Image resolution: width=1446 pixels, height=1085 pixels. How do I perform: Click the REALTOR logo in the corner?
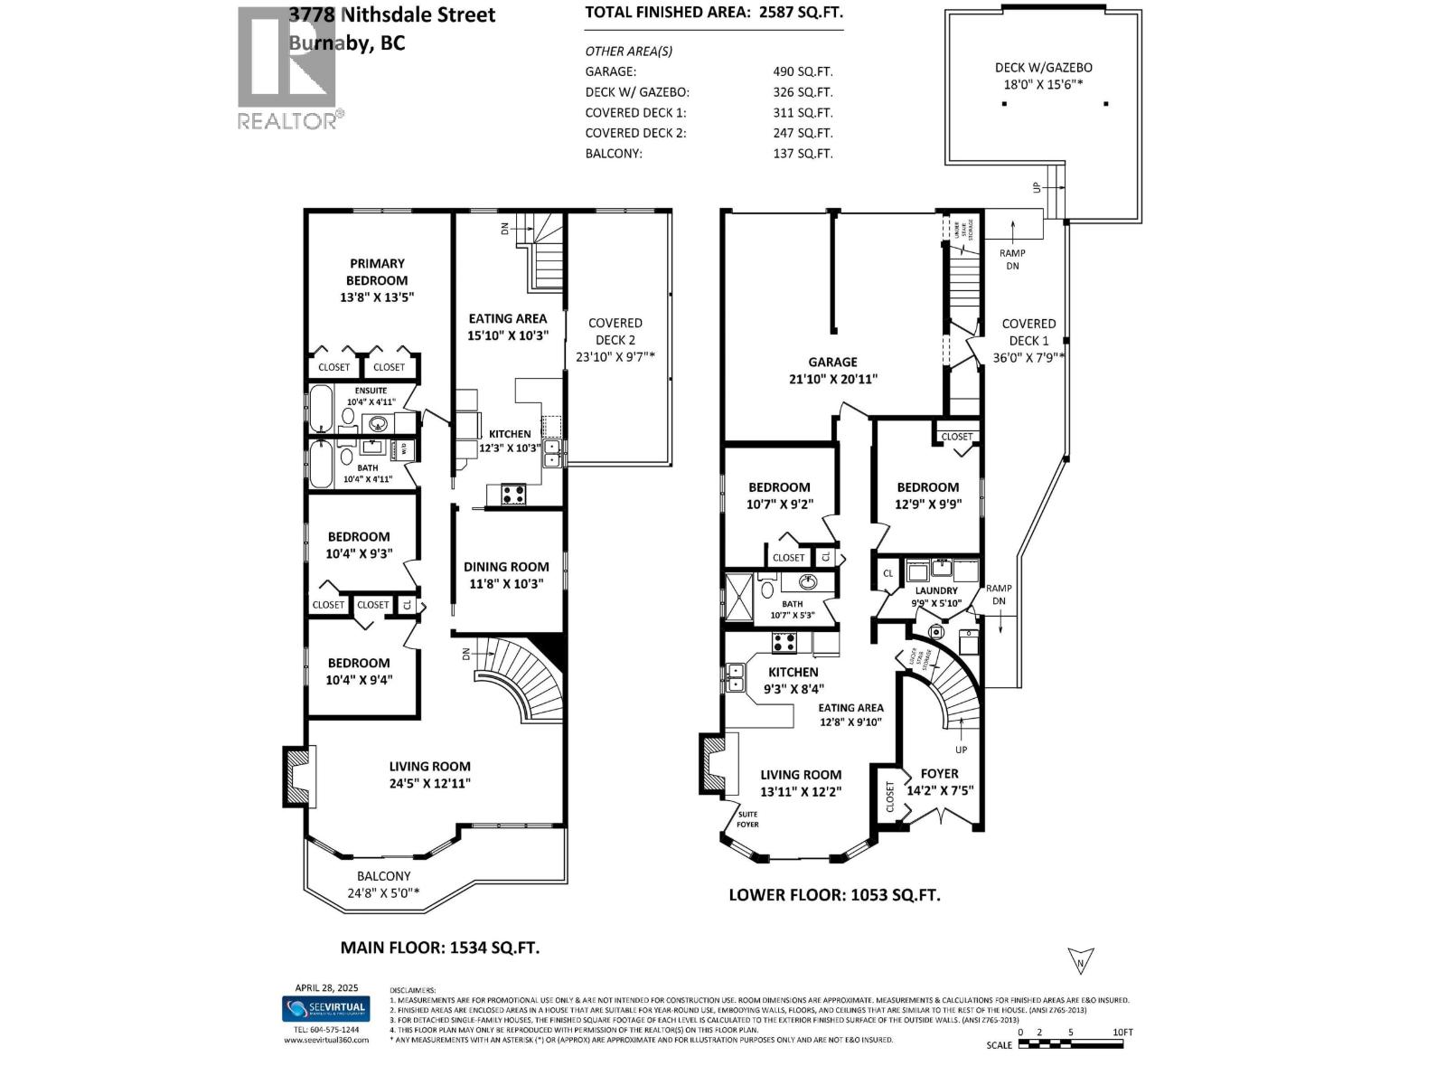[x=288, y=68]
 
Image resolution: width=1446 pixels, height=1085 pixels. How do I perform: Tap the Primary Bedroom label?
[x=377, y=272]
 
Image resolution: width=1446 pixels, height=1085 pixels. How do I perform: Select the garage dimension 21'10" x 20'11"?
[x=832, y=380]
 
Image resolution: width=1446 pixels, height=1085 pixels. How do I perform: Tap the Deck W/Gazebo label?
[x=1043, y=68]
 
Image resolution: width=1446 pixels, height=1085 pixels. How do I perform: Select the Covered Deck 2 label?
[x=615, y=331]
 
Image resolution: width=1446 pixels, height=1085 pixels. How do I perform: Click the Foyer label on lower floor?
[x=939, y=774]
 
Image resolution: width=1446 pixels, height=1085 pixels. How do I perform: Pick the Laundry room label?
[x=935, y=591]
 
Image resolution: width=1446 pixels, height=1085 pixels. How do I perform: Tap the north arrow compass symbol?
[x=1080, y=960]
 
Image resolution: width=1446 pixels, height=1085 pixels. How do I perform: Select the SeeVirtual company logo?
[x=325, y=1008]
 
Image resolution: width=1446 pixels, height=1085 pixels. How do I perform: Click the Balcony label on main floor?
[x=383, y=876]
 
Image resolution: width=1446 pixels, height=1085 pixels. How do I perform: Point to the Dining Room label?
[x=506, y=567]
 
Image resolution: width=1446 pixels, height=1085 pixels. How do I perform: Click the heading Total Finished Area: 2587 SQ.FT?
[x=714, y=13]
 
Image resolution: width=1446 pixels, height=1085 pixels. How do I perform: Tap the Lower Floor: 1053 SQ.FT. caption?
[x=834, y=895]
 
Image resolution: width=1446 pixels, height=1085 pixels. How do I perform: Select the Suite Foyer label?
[x=747, y=819]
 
